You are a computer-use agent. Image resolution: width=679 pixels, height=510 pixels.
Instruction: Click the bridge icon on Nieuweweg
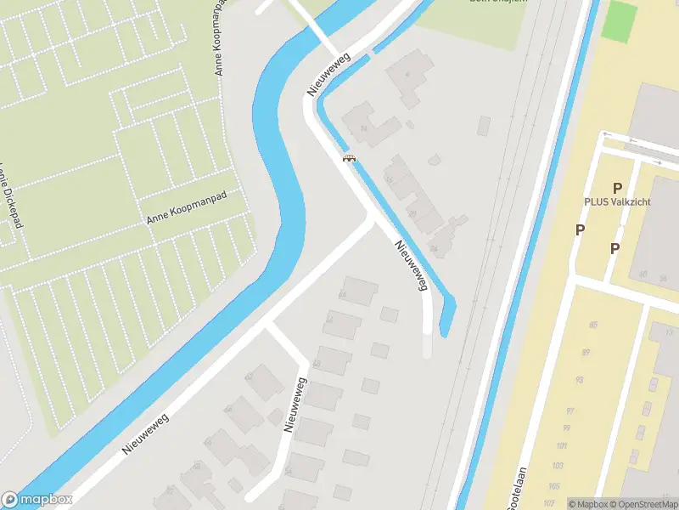tap(348, 157)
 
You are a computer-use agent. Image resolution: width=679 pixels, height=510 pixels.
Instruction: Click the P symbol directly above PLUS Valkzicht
tap(618, 188)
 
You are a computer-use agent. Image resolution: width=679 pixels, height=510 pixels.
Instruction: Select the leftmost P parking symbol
tap(580, 229)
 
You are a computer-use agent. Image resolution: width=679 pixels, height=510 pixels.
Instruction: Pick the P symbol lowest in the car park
tap(614, 248)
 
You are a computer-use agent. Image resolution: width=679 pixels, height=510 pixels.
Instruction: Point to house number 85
tap(592, 325)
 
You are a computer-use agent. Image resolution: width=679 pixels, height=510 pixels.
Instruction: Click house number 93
tap(579, 380)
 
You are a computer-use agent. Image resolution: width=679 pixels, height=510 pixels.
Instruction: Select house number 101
tap(561, 446)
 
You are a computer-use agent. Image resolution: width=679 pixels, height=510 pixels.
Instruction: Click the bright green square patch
tap(620, 19)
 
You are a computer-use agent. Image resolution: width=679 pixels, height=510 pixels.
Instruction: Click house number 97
tap(570, 411)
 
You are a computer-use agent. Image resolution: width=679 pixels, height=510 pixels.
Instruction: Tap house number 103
tap(558, 466)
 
